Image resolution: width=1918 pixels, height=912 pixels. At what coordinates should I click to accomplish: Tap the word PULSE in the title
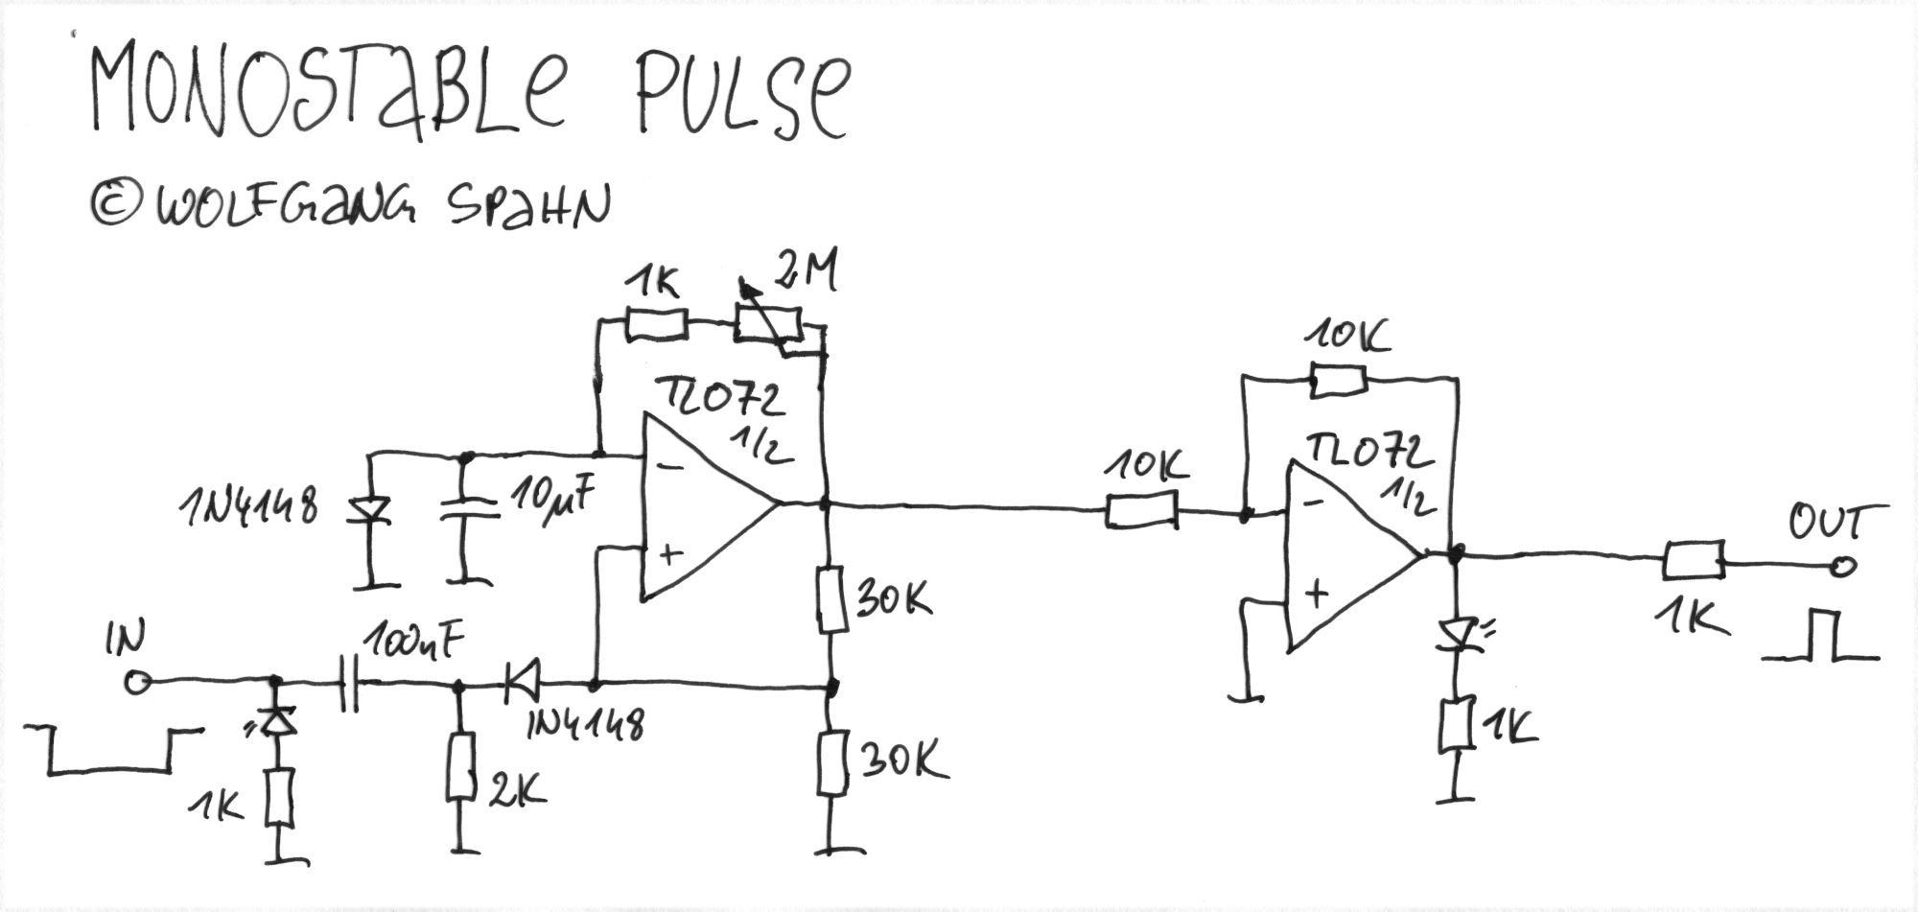point(738,96)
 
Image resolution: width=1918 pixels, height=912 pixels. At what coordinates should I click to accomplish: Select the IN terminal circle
point(137,683)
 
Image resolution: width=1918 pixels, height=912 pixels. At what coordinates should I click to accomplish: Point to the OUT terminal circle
point(1841,567)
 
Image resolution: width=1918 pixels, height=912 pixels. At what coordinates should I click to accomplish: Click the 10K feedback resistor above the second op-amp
point(1338,382)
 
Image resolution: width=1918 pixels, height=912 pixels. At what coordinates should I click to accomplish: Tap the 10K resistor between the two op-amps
point(1141,510)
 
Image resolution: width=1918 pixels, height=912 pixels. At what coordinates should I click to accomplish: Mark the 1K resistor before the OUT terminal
point(1693,560)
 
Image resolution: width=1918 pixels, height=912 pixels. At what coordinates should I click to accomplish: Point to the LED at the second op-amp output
point(1457,635)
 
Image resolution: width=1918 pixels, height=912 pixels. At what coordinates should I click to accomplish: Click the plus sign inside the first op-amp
point(670,553)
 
